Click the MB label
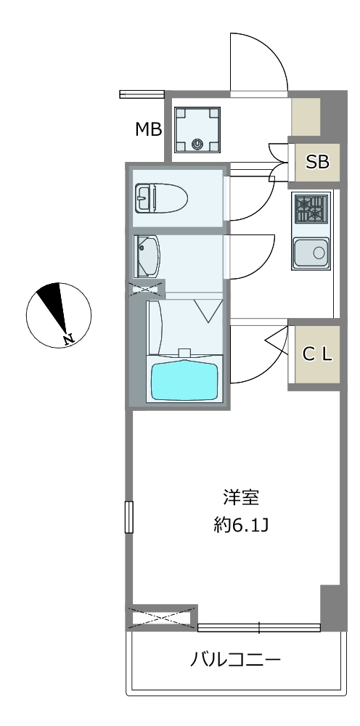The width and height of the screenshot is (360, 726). (148, 130)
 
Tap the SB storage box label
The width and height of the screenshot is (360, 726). (317, 162)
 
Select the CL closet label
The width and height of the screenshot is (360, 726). (317, 354)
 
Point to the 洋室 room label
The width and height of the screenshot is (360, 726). (241, 498)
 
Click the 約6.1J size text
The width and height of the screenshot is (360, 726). (241, 526)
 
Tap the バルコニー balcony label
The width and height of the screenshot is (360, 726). (236, 658)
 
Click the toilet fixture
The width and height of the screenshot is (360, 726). (161, 198)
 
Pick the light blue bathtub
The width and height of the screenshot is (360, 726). (185, 380)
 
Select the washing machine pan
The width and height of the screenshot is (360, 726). (197, 130)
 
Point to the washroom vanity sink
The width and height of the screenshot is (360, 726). (147, 256)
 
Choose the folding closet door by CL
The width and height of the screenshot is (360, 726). (279, 341)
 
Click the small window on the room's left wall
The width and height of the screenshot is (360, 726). (129, 517)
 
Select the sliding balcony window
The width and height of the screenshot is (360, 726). (259, 628)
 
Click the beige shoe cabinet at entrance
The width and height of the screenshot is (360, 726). (306, 117)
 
